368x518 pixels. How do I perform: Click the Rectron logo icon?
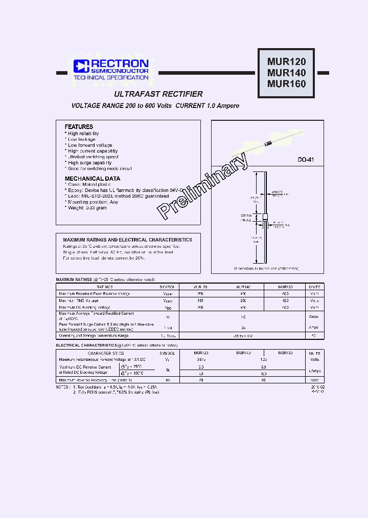tap(81, 66)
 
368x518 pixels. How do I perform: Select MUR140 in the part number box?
tap(286, 73)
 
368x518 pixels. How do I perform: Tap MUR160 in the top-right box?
tap(286, 84)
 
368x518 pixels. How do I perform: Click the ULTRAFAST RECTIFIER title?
tap(158, 94)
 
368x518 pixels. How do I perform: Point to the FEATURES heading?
tap(79, 126)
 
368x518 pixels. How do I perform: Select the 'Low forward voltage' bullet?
tap(90, 145)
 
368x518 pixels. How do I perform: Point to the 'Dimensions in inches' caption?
tap(266, 268)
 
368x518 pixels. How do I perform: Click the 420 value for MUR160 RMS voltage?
tap(285, 301)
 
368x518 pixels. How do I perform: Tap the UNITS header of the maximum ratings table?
tap(314, 287)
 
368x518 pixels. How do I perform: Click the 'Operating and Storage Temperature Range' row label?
tap(94, 335)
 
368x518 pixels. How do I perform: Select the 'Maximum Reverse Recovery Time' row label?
tap(95, 380)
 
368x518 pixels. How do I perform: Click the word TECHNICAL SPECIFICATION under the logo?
tap(111, 77)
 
